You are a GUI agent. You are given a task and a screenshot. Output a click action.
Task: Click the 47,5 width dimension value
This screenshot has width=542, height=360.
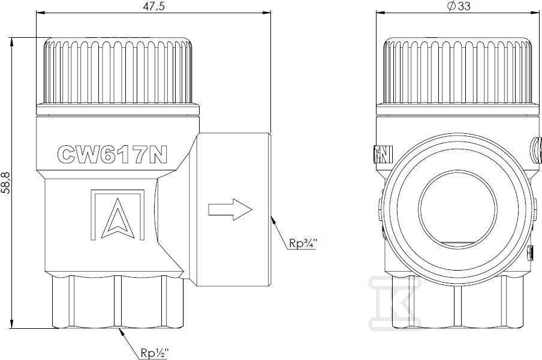pyautogui.click(x=154, y=6)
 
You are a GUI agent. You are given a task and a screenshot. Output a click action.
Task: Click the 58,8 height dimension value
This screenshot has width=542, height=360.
pyautogui.click(x=6, y=182)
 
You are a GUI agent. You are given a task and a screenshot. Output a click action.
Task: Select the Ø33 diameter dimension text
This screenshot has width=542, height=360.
pyautogui.click(x=459, y=6)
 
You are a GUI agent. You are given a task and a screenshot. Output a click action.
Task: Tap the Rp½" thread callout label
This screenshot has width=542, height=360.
pyautogui.click(x=155, y=353)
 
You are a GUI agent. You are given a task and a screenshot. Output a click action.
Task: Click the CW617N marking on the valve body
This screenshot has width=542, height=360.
pyautogui.click(x=112, y=154)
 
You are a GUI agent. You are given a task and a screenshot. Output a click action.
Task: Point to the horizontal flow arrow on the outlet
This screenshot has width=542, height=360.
pyautogui.click(x=230, y=209)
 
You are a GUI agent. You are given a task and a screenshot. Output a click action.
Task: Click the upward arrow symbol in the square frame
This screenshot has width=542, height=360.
pyautogui.click(x=118, y=218)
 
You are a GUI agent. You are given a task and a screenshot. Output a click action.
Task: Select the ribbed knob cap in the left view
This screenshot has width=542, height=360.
pyautogui.click(x=118, y=71)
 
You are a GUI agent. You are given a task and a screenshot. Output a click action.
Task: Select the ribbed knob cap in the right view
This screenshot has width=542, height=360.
pyautogui.click(x=457, y=71)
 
